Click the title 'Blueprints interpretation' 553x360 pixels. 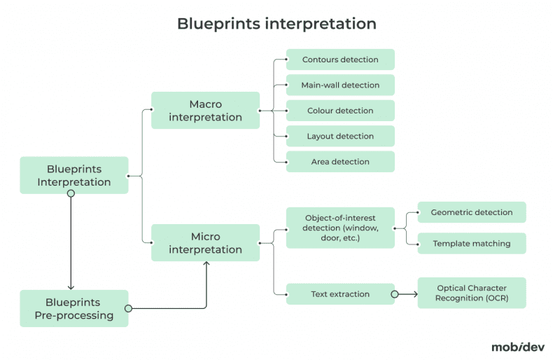(276, 24)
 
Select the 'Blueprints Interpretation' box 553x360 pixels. (74, 175)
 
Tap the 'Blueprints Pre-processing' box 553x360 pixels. (74, 308)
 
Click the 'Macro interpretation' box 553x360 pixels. (205, 111)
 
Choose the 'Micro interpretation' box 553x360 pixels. (205, 243)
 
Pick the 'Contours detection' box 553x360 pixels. (340, 60)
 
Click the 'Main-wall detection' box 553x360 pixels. (340, 85)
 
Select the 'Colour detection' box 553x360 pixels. (340, 111)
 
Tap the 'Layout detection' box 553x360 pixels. (340, 136)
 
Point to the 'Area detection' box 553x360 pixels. (340, 162)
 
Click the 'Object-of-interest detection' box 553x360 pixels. (340, 228)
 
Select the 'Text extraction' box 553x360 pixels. (340, 294)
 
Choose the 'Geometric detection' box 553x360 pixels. (471, 212)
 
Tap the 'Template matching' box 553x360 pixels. (471, 244)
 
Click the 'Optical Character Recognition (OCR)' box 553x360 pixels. (471, 293)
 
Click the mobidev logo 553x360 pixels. (517, 346)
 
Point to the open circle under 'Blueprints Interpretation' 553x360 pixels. (70, 193)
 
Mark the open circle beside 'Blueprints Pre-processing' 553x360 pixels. (128, 308)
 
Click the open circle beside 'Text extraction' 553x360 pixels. (395, 294)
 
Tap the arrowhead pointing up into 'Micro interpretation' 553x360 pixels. (206, 265)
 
